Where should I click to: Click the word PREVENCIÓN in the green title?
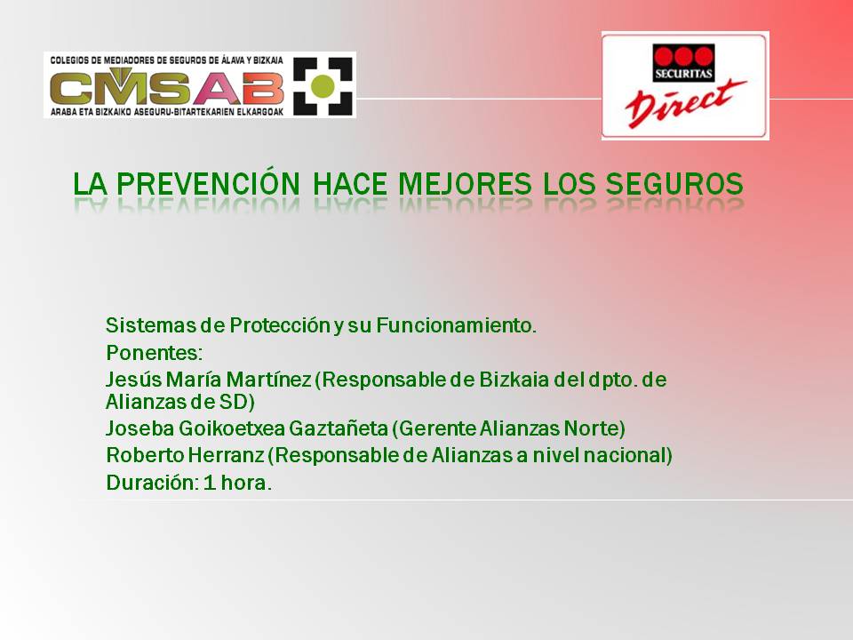tap(208, 183)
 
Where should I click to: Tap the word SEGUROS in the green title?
tap(674, 183)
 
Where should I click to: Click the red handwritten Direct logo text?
tap(685, 103)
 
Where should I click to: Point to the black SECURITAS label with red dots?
tap(683, 63)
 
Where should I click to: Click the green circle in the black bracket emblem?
tap(323, 86)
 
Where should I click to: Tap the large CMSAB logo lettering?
tap(166, 86)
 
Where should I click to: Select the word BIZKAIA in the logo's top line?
tap(268, 60)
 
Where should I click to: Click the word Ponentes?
tap(154, 353)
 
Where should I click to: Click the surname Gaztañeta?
tap(338, 428)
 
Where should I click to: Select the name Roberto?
tap(144, 455)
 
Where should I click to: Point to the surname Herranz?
tap(226, 455)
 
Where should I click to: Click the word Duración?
tap(152, 482)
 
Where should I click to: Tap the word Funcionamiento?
tap(457, 325)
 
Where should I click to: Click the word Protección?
tap(280, 325)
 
